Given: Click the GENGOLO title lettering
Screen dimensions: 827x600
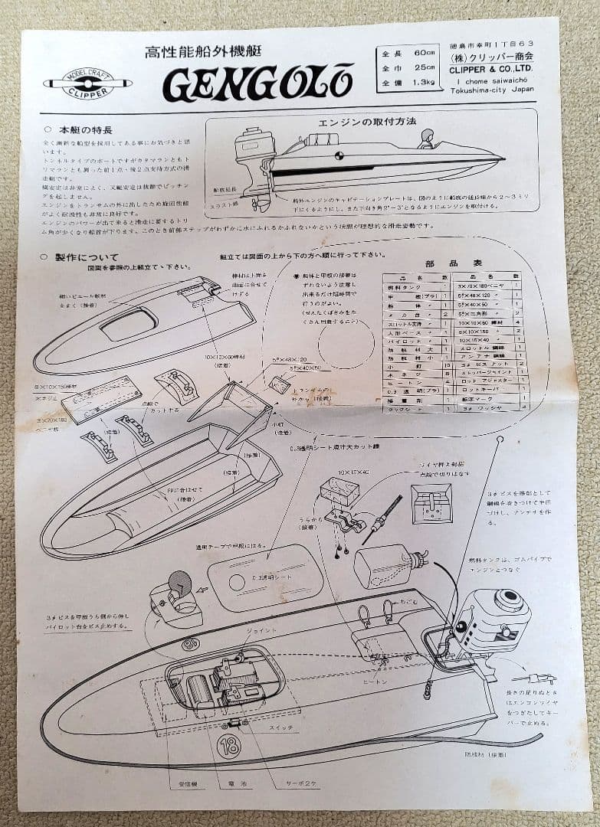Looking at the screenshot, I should [x=257, y=83].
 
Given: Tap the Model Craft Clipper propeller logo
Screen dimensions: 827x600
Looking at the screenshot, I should [x=87, y=83].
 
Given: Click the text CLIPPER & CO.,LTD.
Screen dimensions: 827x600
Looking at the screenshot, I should [x=493, y=68].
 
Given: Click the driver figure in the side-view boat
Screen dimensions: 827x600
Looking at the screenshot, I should [x=426, y=139].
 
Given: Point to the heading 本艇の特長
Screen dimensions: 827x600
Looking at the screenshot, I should [x=80, y=129].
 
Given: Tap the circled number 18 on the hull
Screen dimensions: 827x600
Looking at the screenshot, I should [x=228, y=746].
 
